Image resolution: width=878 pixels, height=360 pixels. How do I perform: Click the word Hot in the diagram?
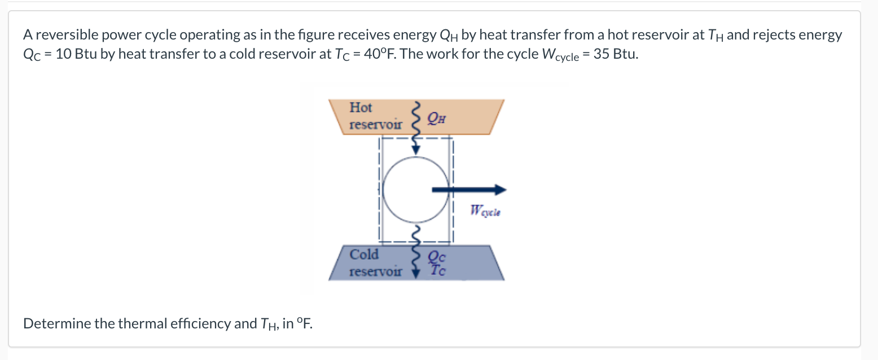point(361,107)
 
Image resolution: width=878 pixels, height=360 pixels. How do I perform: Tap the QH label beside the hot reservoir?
point(437,118)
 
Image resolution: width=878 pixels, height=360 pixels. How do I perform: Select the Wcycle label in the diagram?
point(485,212)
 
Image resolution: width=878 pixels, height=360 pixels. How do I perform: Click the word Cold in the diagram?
point(364,254)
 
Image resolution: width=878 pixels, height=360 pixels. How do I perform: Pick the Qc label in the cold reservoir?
point(437,258)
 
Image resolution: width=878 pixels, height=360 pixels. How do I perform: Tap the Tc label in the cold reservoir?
point(437,270)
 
